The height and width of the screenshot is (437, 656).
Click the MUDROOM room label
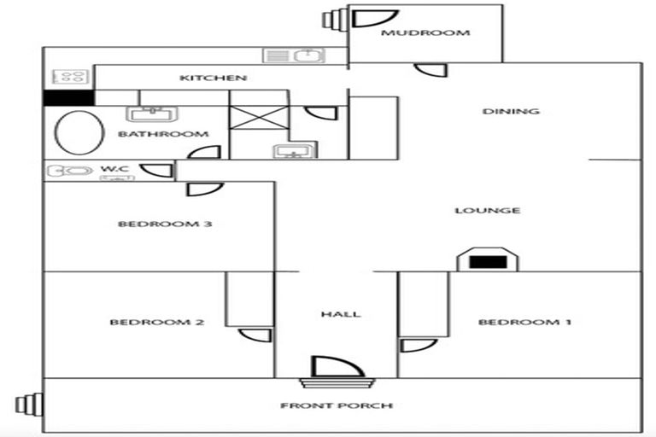pyautogui.click(x=425, y=33)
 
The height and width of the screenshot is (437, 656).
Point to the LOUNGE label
pyautogui.click(x=500, y=211)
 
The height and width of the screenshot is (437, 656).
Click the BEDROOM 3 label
pyautogui.click(x=165, y=224)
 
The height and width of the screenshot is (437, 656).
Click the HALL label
pyautogui.click(x=340, y=314)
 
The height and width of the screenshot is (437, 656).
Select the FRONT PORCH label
pyautogui.click(x=337, y=405)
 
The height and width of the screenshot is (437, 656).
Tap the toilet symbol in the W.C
pyautogui.click(x=69, y=171)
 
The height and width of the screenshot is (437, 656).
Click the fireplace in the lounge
pyautogui.click(x=487, y=261)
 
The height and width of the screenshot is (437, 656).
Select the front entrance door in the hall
pyautogui.click(x=337, y=368)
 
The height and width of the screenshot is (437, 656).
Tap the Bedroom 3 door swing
pyautogui.click(x=205, y=189)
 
